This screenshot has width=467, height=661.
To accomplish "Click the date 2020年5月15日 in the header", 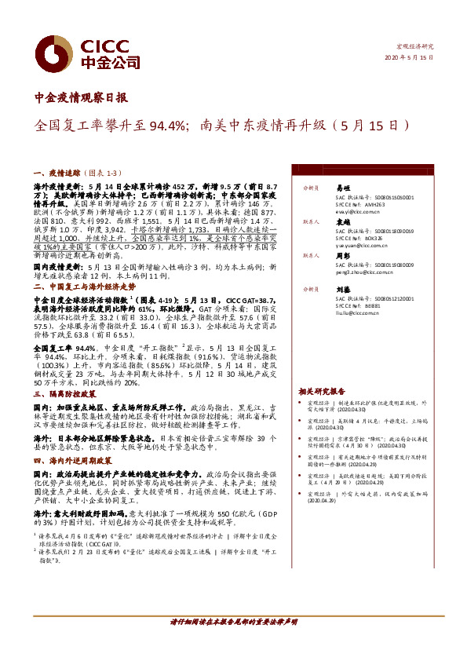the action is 410,58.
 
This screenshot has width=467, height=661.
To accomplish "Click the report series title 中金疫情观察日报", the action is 81,98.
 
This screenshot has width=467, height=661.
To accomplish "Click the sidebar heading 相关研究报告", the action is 321,391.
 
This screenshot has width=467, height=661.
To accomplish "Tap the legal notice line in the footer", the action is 233,622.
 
